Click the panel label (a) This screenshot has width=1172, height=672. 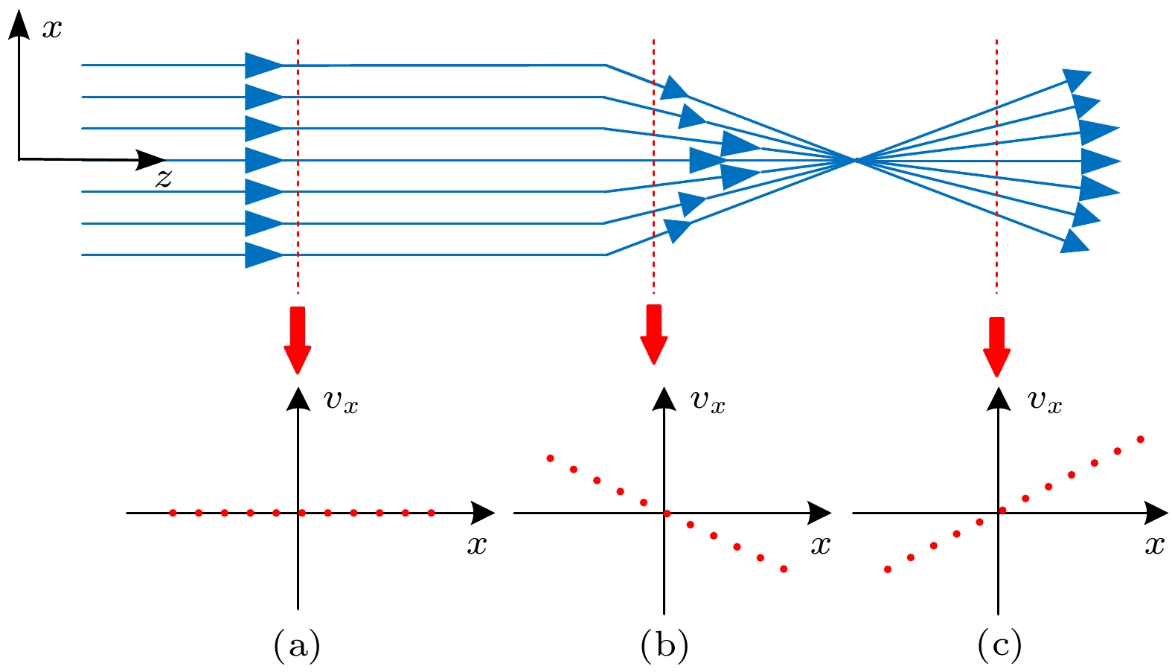pos(297,645)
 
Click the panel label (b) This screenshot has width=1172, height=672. pos(664,645)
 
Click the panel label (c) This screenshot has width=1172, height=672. pos(999,645)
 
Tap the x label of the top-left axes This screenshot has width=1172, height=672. pos(52,29)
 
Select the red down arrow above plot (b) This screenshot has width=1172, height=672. pos(654,335)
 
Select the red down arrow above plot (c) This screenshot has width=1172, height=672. pos(996,347)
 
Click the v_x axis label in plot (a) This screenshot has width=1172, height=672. pos(341,401)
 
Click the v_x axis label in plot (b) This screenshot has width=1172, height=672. pos(708,401)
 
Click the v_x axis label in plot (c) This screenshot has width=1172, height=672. pos(1044,401)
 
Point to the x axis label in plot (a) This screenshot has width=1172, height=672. pos(477,545)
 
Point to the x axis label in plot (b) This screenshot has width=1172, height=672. pos(820,545)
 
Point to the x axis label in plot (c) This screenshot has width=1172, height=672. pos(1154,545)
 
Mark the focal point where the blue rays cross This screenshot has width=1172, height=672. pos(856,160)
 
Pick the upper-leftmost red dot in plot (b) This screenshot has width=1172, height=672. pos(550,458)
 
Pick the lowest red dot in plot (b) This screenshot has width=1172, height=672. pos(784,569)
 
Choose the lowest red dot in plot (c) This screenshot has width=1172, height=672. pos(887,569)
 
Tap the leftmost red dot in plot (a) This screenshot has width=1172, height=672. pos(173,513)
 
